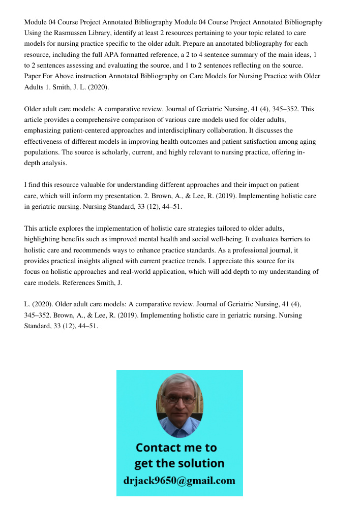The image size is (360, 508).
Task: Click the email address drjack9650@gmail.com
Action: coord(179,481)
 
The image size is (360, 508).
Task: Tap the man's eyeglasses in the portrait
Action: coord(179,399)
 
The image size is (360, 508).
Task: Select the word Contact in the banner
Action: coord(158,448)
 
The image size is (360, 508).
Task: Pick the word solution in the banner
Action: coord(200,463)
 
